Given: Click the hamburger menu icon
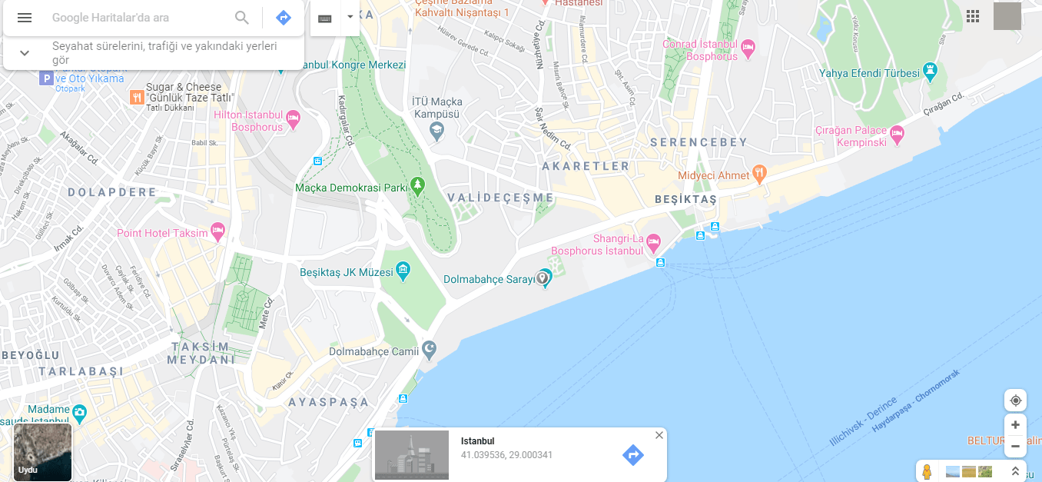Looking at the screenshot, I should point(25,18).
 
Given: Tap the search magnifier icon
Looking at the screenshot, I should point(242,18).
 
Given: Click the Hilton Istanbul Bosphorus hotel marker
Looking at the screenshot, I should point(293,119).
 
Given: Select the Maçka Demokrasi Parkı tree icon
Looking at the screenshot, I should point(417,184).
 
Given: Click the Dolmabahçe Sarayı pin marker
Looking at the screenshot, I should point(543,278).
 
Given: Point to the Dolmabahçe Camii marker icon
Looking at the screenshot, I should point(429,351).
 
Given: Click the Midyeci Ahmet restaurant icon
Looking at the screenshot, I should point(760,173).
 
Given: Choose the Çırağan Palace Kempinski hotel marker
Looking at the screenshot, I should point(896,135).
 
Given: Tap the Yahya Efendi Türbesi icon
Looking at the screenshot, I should point(931,72).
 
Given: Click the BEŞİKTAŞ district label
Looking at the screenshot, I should point(685,200).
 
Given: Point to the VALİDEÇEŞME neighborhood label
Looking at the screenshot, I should point(501,198).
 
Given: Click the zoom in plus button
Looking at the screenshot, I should point(1015,425).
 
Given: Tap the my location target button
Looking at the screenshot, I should point(1015,401).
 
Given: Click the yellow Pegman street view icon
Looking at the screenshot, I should point(927,471).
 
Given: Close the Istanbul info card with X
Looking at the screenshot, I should point(659,435).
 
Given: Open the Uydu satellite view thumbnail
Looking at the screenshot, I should point(43,452).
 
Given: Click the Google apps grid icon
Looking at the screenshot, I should point(973,16).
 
